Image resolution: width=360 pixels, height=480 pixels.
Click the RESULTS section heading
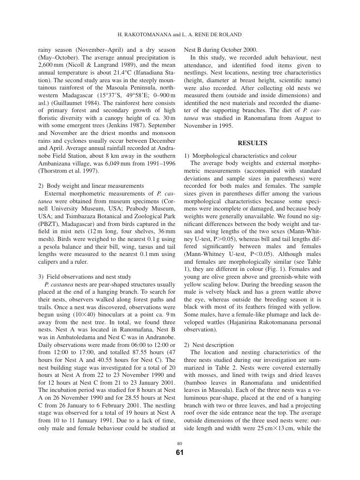click(253, 143)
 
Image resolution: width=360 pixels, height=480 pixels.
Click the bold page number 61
click(180, 453)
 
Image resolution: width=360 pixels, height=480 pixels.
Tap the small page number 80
click(180, 443)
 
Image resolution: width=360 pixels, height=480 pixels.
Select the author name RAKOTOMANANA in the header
click(143, 35)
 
